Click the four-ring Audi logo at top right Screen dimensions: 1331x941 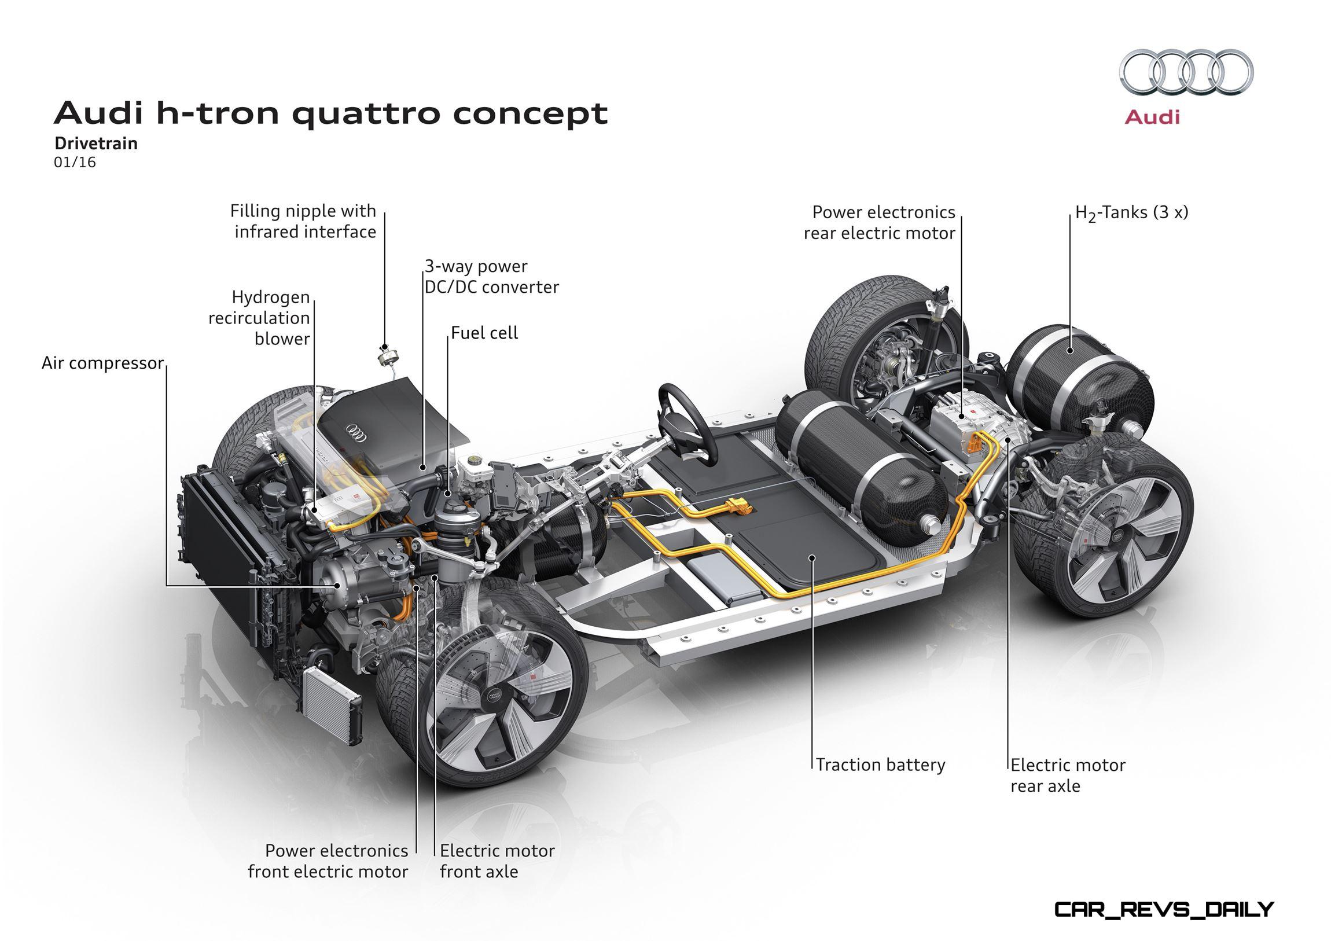coord(1186,72)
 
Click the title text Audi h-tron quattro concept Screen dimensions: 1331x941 coord(330,113)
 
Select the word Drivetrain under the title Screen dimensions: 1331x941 coord(96,143)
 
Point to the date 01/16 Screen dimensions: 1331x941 coord(75,163)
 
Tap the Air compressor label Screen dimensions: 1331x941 coord(102,363)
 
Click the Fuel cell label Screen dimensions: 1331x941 coord(484,333)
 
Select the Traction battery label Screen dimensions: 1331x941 coord(881,765)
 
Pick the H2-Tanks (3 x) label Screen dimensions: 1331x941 coord(1131,213)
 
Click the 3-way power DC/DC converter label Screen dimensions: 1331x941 coord(491,277)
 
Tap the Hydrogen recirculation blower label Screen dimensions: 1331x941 coord(259,318)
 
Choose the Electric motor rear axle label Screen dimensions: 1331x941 coord(1068,775)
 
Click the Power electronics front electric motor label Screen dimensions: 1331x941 coord(328,861)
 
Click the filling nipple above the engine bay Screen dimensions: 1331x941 coord(384,355)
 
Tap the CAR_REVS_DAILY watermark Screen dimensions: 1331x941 coord(1163,910)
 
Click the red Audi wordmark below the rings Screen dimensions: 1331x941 coord(1152,117)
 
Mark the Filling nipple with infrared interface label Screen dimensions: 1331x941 coord(303,222)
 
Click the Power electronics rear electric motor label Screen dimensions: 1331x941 coord(880,223)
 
